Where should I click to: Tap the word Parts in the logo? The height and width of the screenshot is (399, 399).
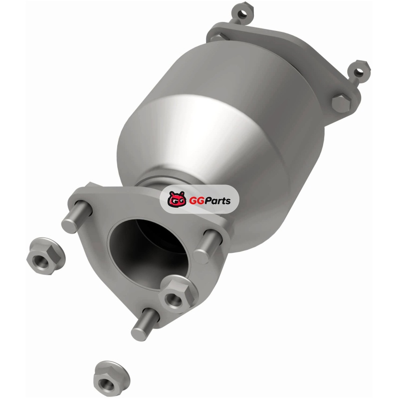coord(217,200)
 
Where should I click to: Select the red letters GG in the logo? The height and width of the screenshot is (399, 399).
coord(196,200)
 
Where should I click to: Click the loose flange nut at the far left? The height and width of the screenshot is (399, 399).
coord(46,256)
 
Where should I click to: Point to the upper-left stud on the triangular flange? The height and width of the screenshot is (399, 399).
coord(77,217)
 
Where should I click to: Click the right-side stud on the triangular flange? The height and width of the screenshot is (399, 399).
coord(207,246)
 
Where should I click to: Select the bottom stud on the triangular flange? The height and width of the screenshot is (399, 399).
coord(145,325)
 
